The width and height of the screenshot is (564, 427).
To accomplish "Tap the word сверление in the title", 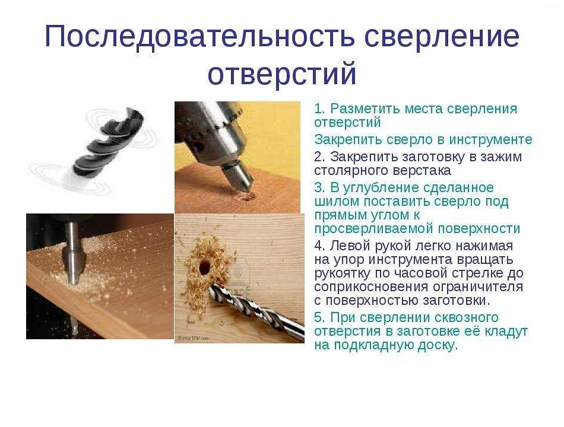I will pyautogui.click(x=442, y=37).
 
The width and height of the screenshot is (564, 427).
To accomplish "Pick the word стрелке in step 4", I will pyautogui.click(x=487, y=273).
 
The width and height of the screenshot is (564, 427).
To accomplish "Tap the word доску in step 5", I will pyautogui.click(x=436, y=346).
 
